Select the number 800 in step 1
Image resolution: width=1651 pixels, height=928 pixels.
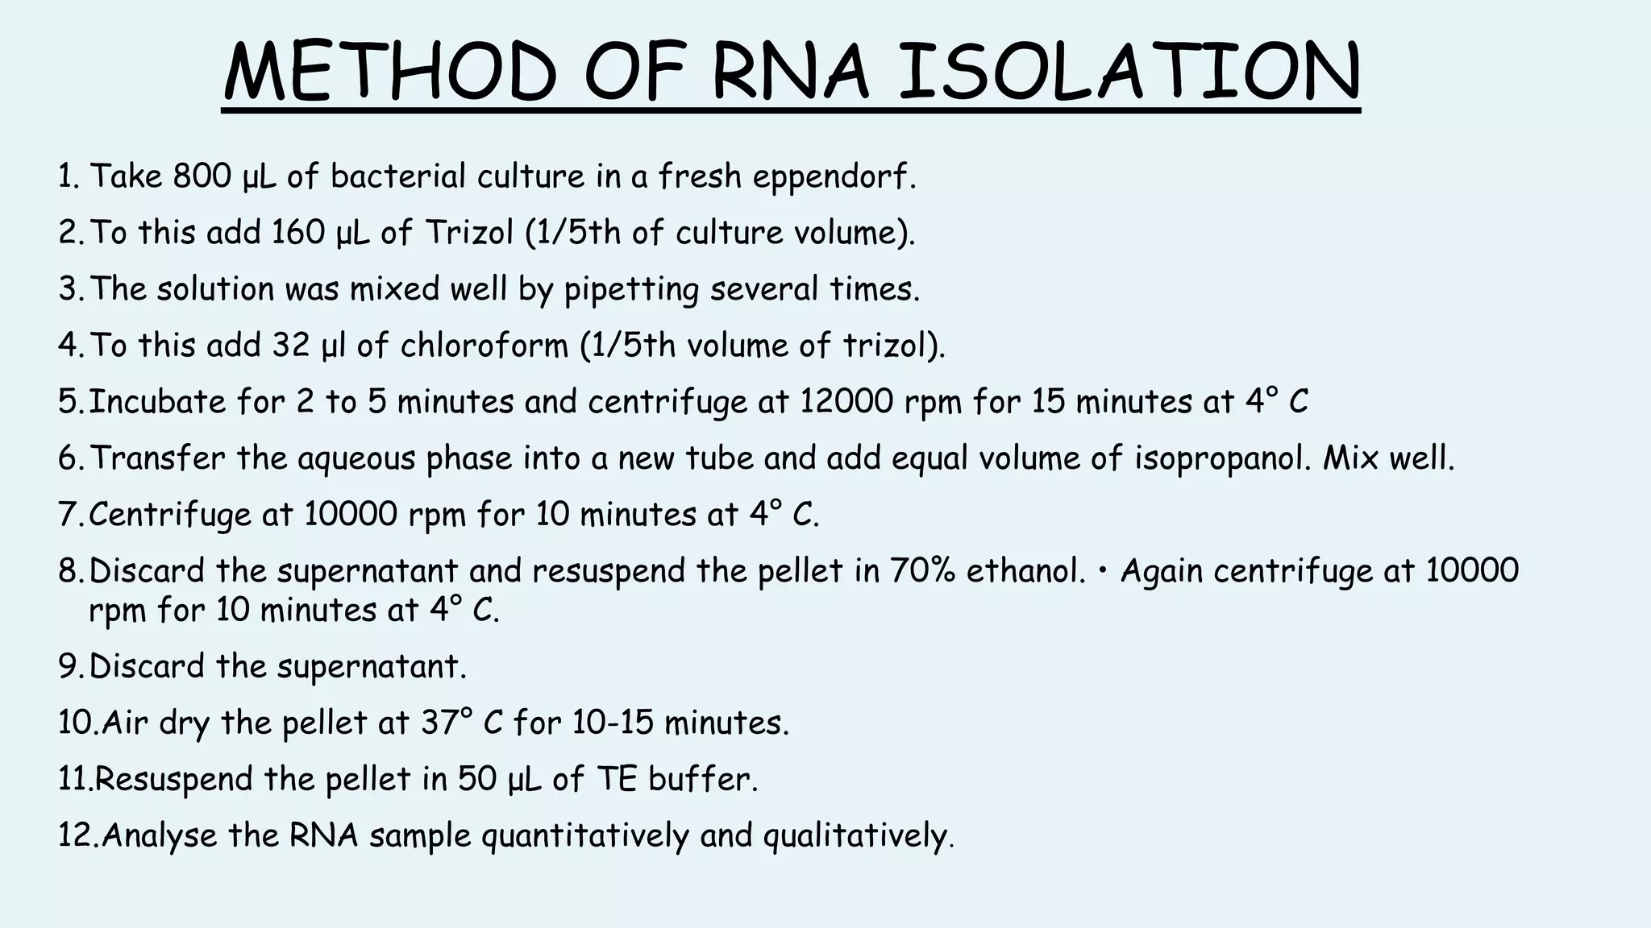coord(202,176)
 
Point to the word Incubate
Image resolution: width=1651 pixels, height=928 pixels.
coord(157,401)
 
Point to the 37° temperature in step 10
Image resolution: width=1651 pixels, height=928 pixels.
coord(447,723)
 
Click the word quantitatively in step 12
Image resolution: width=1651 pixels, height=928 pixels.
coord(585,836)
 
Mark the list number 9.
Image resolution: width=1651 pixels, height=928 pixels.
coord(69,667)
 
